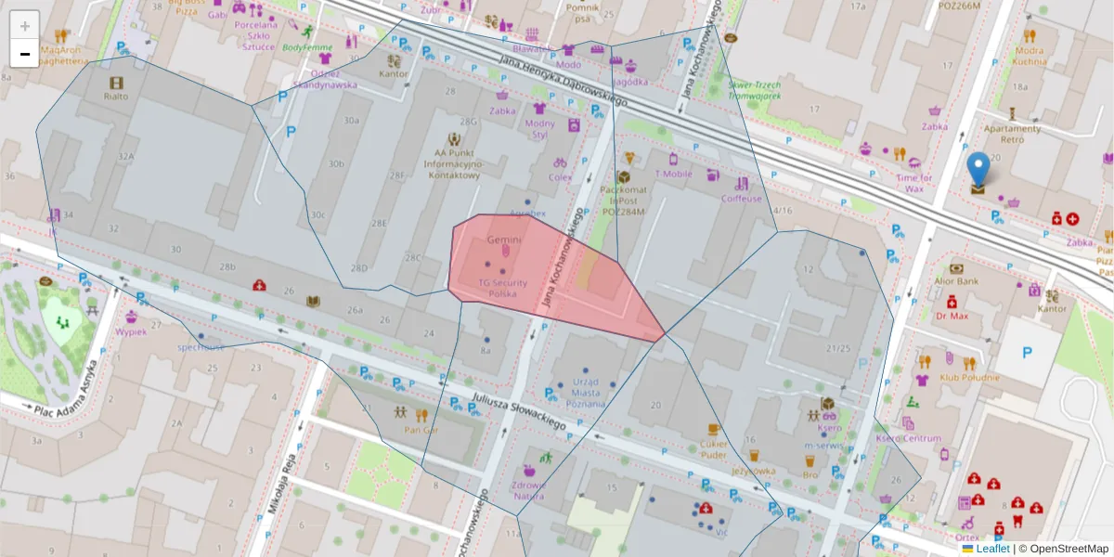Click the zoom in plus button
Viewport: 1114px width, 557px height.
[x=25, y=26]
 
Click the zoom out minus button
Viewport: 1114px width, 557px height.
[x=25, y=54]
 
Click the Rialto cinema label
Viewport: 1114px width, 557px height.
[x=116, y=96]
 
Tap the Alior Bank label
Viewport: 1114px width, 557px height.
[x=956, y=280]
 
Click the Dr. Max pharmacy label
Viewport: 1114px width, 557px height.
[x=952, y=315]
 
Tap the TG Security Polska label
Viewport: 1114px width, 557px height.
[x=503, y=288]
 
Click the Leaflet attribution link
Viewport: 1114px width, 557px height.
[x=992, y=549]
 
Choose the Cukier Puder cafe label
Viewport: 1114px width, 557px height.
[x=714, y=449]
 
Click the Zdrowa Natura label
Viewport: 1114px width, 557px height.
[x=528, y=490]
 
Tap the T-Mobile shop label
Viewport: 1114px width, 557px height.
[x=674, y=174]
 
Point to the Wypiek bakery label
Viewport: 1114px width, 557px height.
[x=131, y=332]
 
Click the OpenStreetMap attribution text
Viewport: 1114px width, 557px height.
[x=1063, y=549]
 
